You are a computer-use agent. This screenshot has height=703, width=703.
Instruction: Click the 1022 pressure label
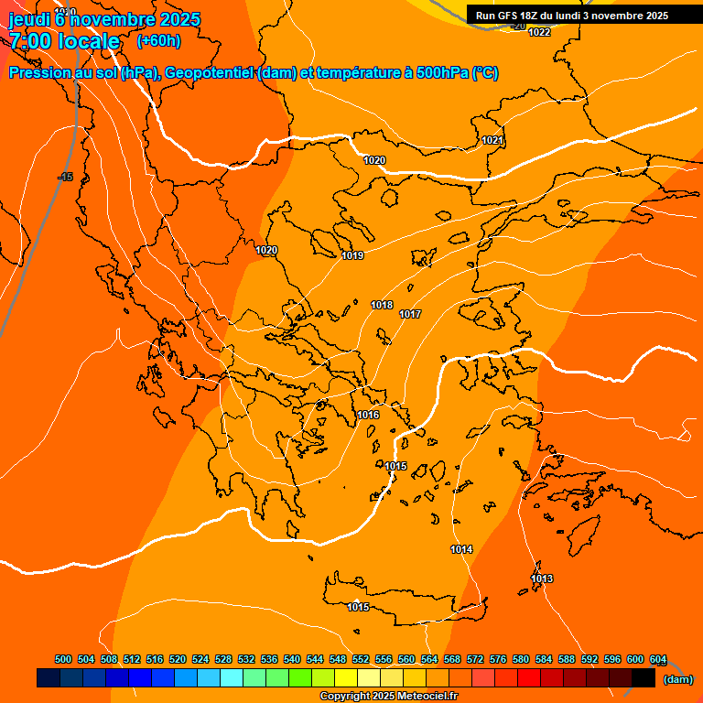(x=539, y=33)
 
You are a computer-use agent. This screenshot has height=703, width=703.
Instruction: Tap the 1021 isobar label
(x=492, y=140)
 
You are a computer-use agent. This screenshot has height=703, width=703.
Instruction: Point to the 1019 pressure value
(x=352, y=255)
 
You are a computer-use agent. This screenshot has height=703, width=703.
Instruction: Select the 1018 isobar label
(x=382, y=305)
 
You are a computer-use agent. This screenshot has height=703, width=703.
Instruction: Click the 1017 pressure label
(x=410, y=314)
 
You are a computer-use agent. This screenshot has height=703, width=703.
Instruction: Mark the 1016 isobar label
(x=368, y=415)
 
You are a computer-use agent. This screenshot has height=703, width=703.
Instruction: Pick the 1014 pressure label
(x=461, y=549)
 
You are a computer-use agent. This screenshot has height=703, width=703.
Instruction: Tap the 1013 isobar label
(x=542, y=579)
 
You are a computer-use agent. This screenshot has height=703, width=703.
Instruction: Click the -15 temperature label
(x=65, y=177)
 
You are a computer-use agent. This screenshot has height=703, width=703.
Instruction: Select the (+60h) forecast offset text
(x=158, y=40)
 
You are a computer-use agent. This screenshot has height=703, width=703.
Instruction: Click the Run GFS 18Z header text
(x=514, y=16)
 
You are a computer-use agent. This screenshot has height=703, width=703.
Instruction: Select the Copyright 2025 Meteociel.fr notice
(x=388, y=696)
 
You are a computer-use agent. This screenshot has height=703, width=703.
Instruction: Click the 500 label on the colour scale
(x=63, y=659)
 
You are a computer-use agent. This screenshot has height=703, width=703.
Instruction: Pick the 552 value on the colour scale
(x=361, y=659)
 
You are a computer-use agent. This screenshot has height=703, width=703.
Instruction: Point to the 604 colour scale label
(x=658, y=659)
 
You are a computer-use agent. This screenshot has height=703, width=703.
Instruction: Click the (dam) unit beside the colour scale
(x=677, y=679)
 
